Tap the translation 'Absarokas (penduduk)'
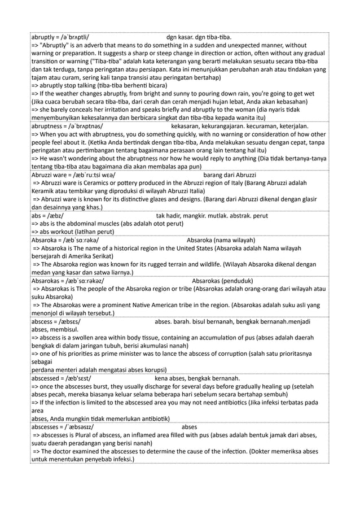tap(222, 281)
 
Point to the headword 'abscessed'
tap(49, 378)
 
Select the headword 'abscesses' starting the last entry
tap(49, 427)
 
